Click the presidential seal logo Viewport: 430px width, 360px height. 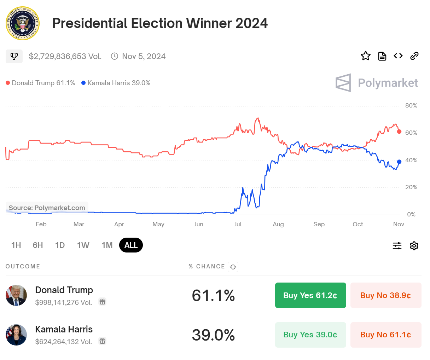(x=23, y=23)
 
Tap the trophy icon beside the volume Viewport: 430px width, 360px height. (x=14, y=56)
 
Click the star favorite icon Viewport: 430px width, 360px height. (x=365, y=56)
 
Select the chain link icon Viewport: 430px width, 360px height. (x=414, y=56)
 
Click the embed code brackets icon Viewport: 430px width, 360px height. (x=398, y=56)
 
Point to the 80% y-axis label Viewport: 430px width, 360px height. (x=411, y=105)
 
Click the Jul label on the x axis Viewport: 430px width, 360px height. (x=238, y=224)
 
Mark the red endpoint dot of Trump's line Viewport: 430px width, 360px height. (x=399, y=132)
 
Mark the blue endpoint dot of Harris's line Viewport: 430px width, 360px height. (x=399, y=162)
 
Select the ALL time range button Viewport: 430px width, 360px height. (x=131, y=245)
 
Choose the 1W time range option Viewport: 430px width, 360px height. (x=83, y=245)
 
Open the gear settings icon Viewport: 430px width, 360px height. (x=414, y=246)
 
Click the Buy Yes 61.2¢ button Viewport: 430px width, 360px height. (x=310, y=295)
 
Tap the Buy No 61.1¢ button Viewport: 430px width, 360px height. (x=386, y=335)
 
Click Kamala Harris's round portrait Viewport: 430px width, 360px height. (x=16, y=335)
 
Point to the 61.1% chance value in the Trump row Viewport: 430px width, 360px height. (x=213, y=295)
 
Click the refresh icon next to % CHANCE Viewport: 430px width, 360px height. (x=233, y=267)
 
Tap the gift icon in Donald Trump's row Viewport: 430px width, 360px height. (x=103, y=302)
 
